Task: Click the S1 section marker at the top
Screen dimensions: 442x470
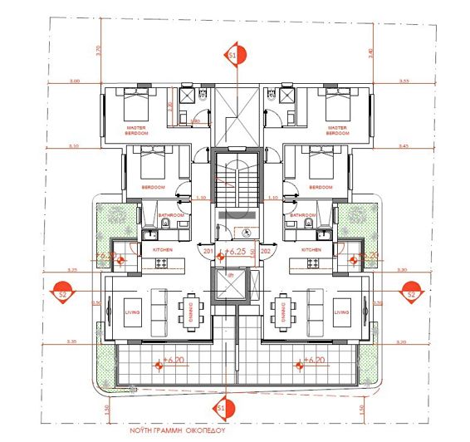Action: click(x=233, y=56)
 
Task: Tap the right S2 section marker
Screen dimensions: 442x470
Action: click(x=409, y=292)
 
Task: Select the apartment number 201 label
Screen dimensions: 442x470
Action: click(x=208, y=249)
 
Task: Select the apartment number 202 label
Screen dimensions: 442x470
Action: click(x=266, y=249)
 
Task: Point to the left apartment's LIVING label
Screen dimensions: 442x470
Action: click(x=128, y=312)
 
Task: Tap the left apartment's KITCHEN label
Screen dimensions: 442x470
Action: click(x=161, y=249)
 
